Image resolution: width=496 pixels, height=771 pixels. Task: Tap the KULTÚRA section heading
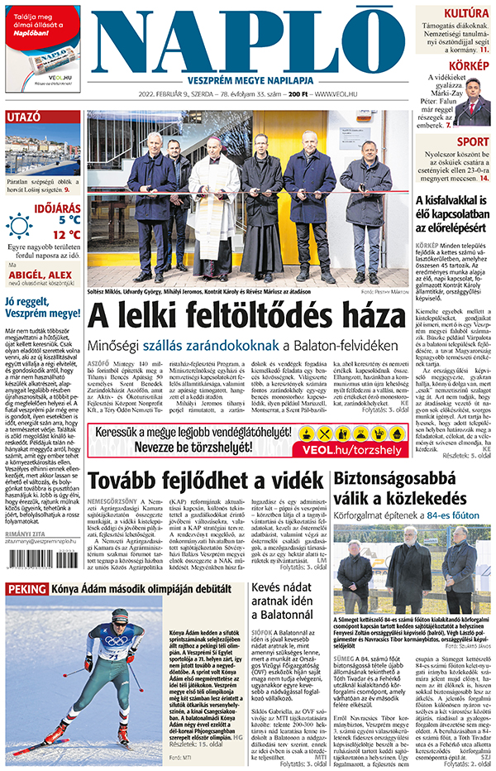[x=466, y=13]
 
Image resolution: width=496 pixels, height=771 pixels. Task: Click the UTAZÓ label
[x=23, y=117]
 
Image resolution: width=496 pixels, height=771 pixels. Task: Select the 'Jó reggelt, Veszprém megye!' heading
[x=41, y=308]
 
